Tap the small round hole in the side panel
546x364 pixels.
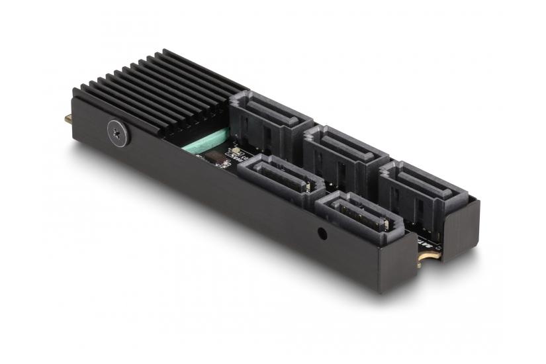pyautogui.click(x=322, y=233)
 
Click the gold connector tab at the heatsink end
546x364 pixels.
pyautogui.click(x=69, y=120)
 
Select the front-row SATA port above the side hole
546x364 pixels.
pyautogui.click(x=357, y=213)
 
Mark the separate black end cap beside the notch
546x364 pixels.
pyautogui.click(x=460, y=228)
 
